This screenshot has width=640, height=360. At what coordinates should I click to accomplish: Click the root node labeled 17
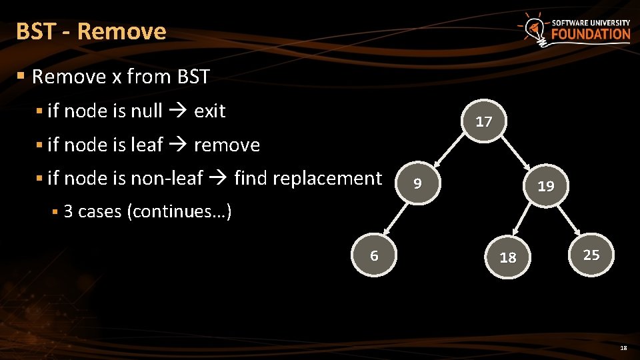pos(484,121)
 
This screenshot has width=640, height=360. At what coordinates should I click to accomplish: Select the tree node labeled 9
pos(417,183)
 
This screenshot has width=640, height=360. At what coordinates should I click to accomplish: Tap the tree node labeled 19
pos(545,186)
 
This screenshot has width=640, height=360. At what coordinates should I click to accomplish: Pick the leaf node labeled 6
pos(374,255)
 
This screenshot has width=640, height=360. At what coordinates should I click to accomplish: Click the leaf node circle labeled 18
pos(507,257)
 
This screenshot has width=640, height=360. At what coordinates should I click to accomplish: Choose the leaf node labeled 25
pos(591,254)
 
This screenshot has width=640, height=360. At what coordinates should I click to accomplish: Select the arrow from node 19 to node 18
pos(526,222)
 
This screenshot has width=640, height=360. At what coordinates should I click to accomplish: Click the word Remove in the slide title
pos(121,31)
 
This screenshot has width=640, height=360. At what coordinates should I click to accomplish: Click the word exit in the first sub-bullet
pos(209,111)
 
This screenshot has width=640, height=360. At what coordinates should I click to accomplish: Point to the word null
pos(146,111)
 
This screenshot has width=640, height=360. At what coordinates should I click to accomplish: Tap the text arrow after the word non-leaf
pos(218,178)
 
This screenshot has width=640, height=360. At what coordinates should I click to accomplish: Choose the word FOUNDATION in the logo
pos(590,34)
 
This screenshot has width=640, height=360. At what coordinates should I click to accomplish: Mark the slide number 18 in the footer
pos(623,348)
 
